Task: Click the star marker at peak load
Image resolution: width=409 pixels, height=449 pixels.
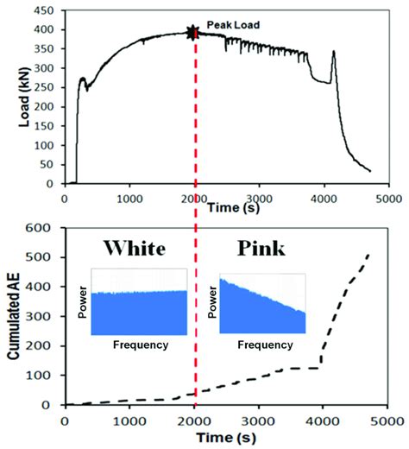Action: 193,33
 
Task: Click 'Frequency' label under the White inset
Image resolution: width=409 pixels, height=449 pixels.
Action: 141,345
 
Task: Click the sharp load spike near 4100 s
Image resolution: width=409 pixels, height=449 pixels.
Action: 333,54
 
